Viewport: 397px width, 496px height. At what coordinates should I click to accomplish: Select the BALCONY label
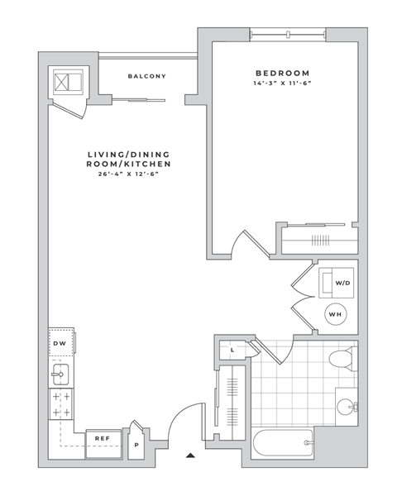(147, 76)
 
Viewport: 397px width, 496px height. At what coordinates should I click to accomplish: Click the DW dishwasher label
(60, 343)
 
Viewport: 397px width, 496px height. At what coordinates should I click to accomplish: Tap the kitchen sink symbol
(59, 375)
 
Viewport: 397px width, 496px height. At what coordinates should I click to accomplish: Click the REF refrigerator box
(103, 439)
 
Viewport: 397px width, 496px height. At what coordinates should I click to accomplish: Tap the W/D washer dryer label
(342, 284)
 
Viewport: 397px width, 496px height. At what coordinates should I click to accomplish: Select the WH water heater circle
(336, 314)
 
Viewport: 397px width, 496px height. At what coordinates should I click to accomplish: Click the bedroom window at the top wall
(289, 35)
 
